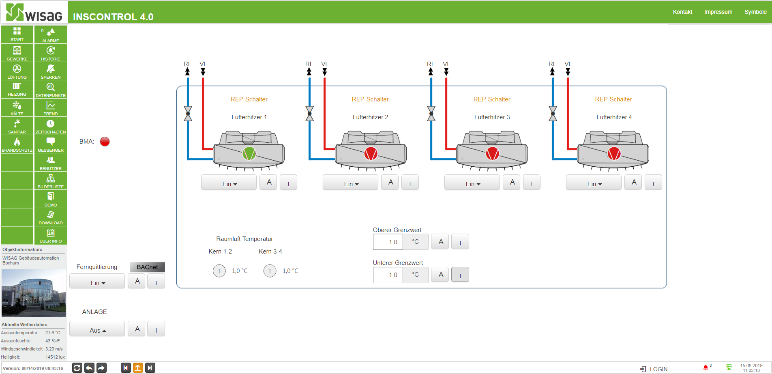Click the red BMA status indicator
point(105,142)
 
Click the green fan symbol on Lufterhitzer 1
point(249,154)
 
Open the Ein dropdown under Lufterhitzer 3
point(472,183)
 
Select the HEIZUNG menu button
point(17,89)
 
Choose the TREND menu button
point(51,107)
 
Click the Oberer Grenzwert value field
point(388,242)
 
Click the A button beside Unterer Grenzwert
point(441,275)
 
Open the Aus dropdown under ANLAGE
point(97,329)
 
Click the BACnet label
point(147,267)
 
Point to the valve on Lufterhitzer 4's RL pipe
point(553,114)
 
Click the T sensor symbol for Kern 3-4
point(270,271)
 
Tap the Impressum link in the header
point(718,12)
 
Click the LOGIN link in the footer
point(654,369)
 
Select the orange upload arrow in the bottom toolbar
point(138,368)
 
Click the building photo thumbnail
point(34,293)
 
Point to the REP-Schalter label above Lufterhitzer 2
point(370,99)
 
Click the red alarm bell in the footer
point(706,368)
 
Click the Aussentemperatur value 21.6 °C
point(53,333)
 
